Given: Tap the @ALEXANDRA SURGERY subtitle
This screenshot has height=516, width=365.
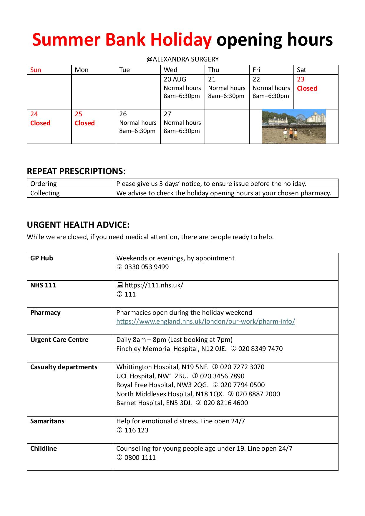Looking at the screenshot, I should point(182,59).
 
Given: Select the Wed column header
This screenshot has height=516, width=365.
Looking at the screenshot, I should point(170,70).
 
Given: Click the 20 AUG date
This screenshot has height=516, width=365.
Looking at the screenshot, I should point(175,79).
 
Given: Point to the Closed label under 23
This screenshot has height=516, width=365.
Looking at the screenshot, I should point(307,89).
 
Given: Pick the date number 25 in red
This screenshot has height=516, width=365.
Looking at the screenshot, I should point(78,114).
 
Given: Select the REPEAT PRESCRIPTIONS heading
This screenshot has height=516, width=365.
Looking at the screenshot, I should point(76,171).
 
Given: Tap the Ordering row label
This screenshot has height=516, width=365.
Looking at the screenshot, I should point(44,184).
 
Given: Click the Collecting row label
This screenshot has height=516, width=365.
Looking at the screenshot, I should point(45,193).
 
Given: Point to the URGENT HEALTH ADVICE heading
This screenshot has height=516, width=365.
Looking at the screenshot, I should point(78,225).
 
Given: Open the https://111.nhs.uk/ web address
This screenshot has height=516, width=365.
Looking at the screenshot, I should point(154,285).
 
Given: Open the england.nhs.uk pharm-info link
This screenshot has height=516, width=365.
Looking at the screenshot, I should point(205,322).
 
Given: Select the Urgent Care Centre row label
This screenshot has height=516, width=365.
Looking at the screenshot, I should point(59,340).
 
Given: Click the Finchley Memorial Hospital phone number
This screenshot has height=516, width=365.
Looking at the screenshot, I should point(260,349).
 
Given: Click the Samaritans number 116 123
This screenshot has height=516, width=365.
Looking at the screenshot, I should point(136,430).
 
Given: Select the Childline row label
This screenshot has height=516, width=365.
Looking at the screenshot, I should point(44,449).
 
